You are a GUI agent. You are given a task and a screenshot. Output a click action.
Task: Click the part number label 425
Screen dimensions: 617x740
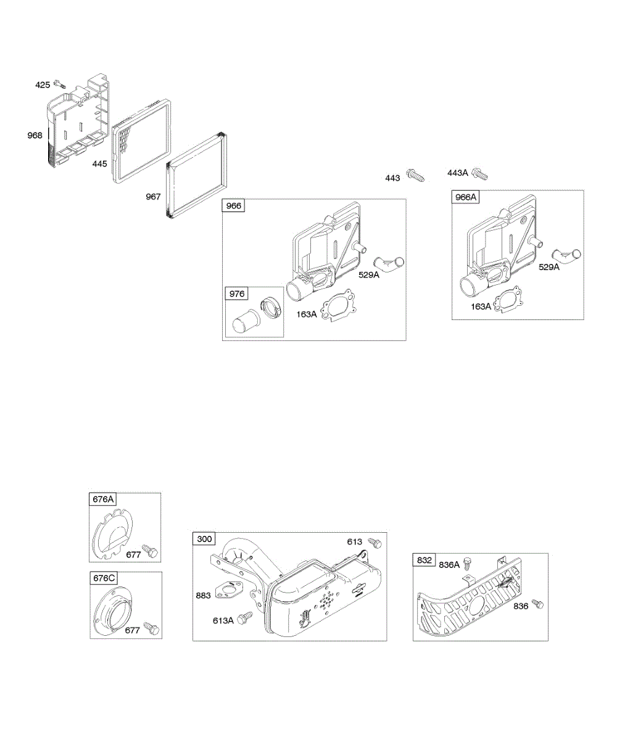click(42, 84)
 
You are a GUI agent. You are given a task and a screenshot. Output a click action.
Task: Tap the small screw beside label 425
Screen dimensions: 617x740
click(59, 83)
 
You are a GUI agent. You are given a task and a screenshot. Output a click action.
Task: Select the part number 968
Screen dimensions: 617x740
click(35, 135)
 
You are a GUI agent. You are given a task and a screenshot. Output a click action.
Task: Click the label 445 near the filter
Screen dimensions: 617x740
click(100, 164)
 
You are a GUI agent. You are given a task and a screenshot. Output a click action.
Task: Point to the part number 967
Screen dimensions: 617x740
click(153, 197)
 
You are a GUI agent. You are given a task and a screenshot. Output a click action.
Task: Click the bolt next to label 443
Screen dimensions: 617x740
click(415, 176)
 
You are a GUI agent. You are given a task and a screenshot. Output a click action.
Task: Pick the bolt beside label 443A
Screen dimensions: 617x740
click(479, 175)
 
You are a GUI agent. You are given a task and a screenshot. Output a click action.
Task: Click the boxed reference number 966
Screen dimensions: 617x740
click(234, 206)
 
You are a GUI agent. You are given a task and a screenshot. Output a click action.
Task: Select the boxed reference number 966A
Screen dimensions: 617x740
click(466, 197)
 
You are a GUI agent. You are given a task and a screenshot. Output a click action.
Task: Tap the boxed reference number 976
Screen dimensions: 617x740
click(237, 294)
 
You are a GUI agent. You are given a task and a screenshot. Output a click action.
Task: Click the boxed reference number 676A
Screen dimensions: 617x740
click(104, 499)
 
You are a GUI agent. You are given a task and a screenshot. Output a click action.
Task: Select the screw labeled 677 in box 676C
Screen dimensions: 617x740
click(151, 628)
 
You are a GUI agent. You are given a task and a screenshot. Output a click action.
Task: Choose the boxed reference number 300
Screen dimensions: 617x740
click(204, 539)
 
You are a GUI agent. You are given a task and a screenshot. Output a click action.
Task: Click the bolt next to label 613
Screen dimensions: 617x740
click(375, 543)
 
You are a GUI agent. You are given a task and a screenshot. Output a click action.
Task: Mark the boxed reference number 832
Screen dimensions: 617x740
click(424, 560)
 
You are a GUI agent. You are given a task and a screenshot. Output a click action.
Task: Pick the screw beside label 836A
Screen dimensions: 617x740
click(468, 563)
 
